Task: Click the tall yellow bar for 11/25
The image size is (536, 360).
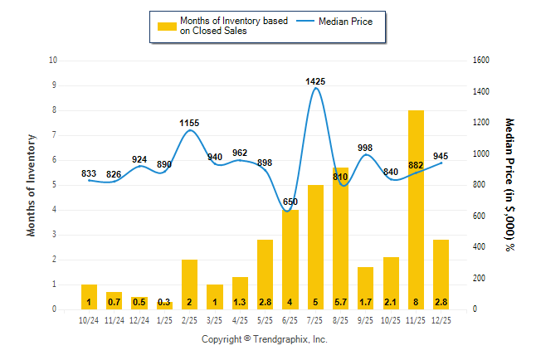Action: click(416, 207)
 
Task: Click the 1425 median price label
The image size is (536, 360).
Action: click(315, 81)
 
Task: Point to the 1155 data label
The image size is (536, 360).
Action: click(189, 124)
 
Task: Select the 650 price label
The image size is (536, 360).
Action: click(290, 202)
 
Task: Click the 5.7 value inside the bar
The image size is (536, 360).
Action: click(340, 302)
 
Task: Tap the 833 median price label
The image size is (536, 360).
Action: click(89, 174)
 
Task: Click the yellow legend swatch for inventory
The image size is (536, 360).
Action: click(167, 27)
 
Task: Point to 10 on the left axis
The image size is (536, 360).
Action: click(53, 61)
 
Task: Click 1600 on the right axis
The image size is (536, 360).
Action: click(482, 61)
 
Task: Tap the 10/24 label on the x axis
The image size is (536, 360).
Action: click(89, 320)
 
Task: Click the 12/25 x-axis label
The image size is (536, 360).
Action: click(441, 320)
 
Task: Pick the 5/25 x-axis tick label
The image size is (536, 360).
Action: click(265, 320)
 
